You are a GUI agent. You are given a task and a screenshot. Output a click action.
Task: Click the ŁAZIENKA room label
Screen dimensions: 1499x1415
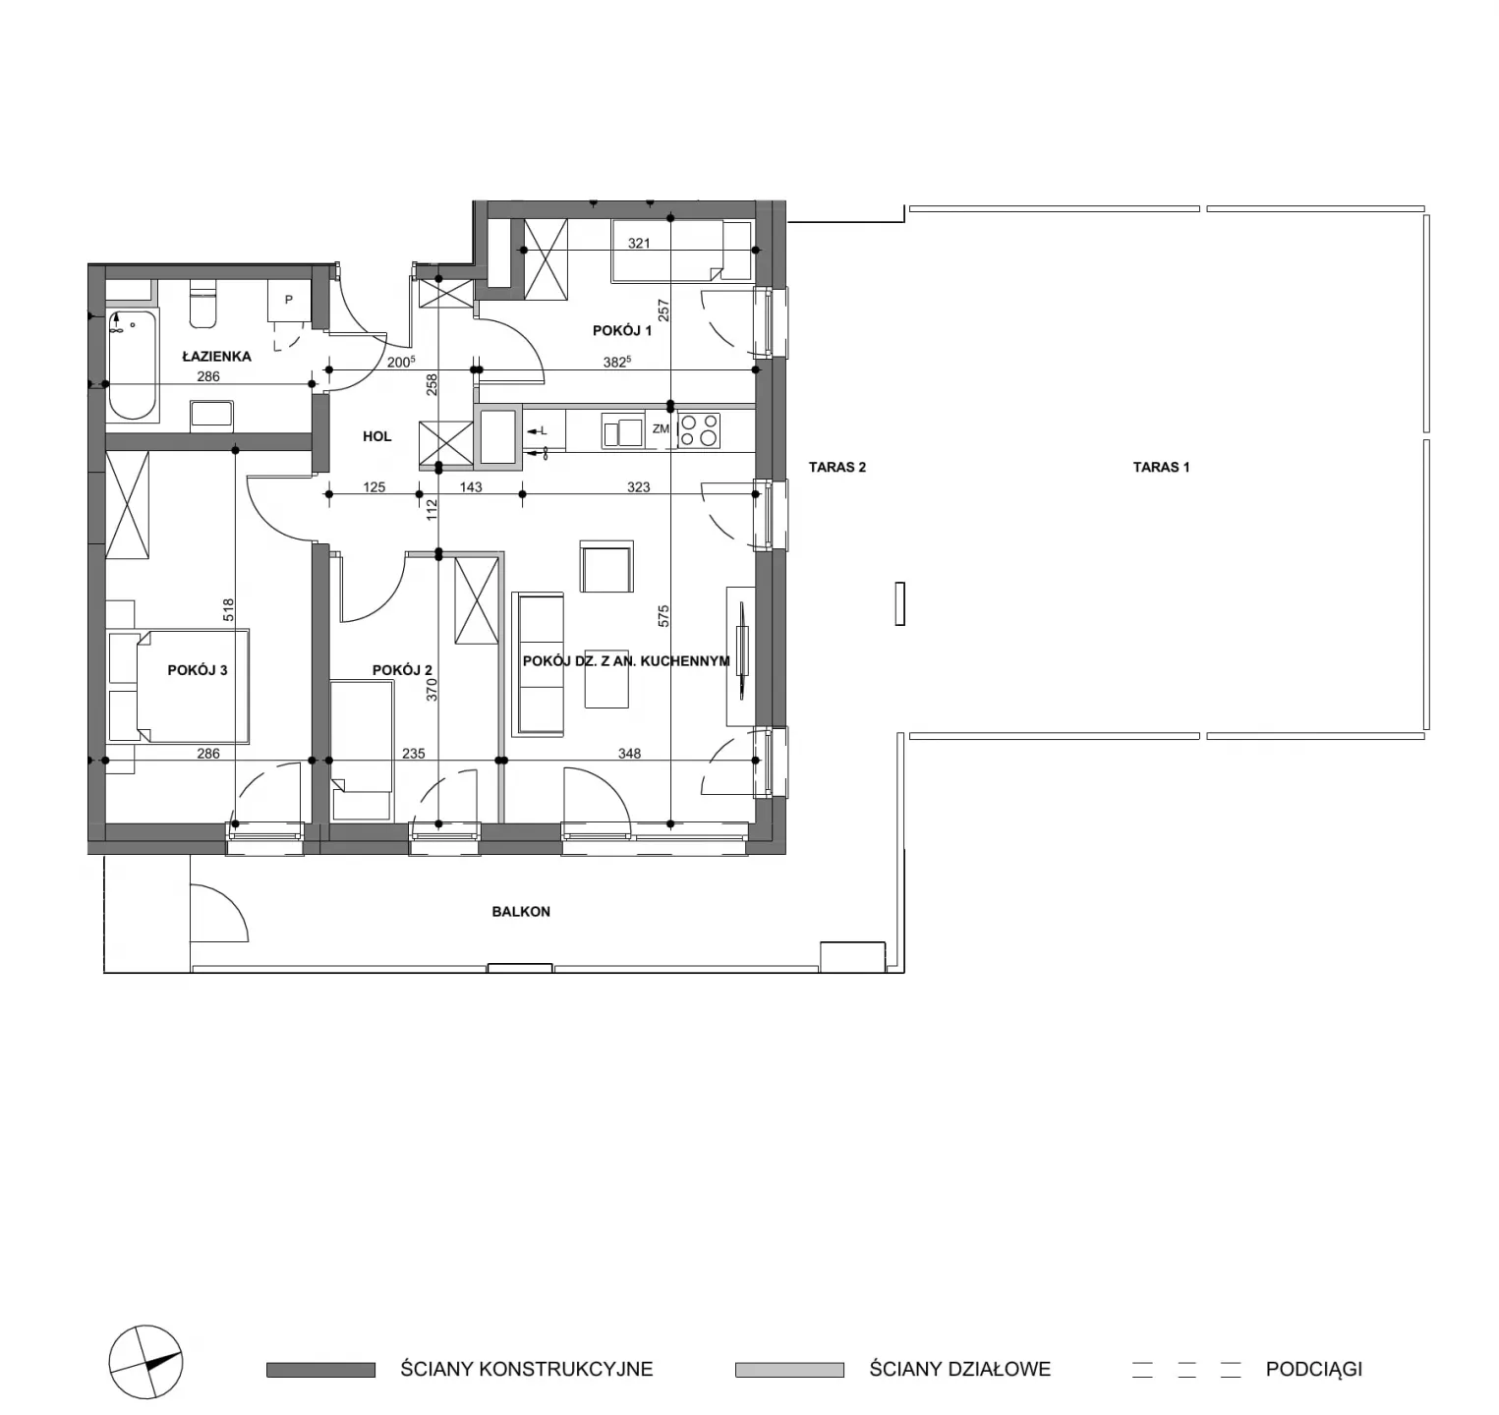(216, 357)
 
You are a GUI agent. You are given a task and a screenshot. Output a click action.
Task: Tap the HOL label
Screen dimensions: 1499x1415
(377, 436)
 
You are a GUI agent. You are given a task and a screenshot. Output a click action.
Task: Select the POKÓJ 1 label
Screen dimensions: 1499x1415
(622, 330)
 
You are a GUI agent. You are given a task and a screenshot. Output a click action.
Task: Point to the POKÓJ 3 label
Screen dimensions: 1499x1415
(198, 670)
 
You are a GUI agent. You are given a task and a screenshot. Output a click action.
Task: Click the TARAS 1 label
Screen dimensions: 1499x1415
(1161, 467)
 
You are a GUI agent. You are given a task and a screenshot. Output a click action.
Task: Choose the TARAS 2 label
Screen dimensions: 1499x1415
(837, 467)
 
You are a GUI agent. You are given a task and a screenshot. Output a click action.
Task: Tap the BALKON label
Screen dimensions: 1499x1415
(521, 912)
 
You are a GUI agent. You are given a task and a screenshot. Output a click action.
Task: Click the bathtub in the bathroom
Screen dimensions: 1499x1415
(132, 366)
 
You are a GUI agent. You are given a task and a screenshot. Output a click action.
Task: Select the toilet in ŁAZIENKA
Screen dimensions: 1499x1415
(202, 304)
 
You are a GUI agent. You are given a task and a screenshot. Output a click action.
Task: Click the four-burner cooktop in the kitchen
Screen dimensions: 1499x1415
(699, 430)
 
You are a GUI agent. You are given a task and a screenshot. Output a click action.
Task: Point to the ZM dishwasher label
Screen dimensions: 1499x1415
(661, 428)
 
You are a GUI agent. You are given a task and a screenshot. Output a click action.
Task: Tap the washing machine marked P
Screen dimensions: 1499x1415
(289, 300)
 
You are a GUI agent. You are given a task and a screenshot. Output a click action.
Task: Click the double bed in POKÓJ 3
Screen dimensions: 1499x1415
(178, 686)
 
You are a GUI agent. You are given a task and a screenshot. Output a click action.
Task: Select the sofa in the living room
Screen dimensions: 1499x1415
(538, 663)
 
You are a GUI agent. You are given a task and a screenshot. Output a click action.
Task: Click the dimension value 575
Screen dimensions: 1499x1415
(663, 616)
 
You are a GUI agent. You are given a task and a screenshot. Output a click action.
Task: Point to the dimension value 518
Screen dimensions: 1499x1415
(228, 610)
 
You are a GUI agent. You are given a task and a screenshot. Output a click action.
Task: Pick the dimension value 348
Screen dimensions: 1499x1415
(629, 754)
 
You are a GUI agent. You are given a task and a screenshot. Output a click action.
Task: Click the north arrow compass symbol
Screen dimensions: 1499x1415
(145, 1363)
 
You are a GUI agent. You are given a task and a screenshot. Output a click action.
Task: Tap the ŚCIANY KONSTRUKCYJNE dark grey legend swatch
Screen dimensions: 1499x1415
(320, 1370)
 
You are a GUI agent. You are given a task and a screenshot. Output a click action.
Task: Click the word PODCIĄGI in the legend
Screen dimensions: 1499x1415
(1314, 1369)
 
